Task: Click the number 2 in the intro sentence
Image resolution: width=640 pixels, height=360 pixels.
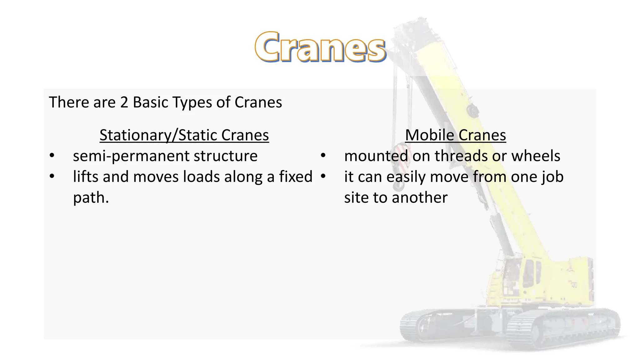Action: click(x=124, y=102)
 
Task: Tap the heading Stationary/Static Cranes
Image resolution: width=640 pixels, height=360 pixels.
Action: click(x=184, y=135)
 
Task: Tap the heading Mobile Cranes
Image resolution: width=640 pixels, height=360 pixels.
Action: click(x=455, y=135)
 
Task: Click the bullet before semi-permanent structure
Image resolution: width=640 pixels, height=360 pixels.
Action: click(x=52, y=155)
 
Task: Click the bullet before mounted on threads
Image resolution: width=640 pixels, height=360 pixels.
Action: click(x=323, y=155)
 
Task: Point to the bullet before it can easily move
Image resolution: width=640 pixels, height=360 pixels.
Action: click(x=323, y=176)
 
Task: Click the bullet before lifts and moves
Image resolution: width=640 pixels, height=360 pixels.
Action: click(x=52, y=176)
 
